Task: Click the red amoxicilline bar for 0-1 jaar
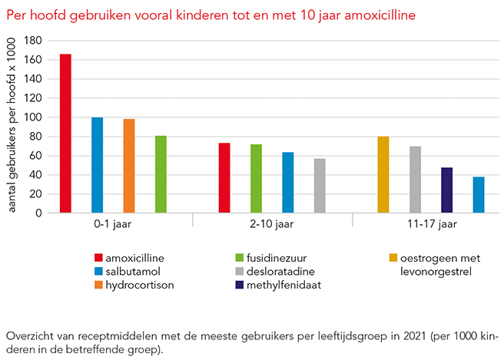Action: (65, 133)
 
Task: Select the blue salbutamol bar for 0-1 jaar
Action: (97, 165)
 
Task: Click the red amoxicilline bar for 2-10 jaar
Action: (224, 178)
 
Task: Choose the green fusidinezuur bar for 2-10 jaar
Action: (256, 178)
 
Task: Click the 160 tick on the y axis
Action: (33, 60)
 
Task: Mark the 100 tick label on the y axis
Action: (33, 117)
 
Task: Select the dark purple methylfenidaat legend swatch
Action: (238, 285)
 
